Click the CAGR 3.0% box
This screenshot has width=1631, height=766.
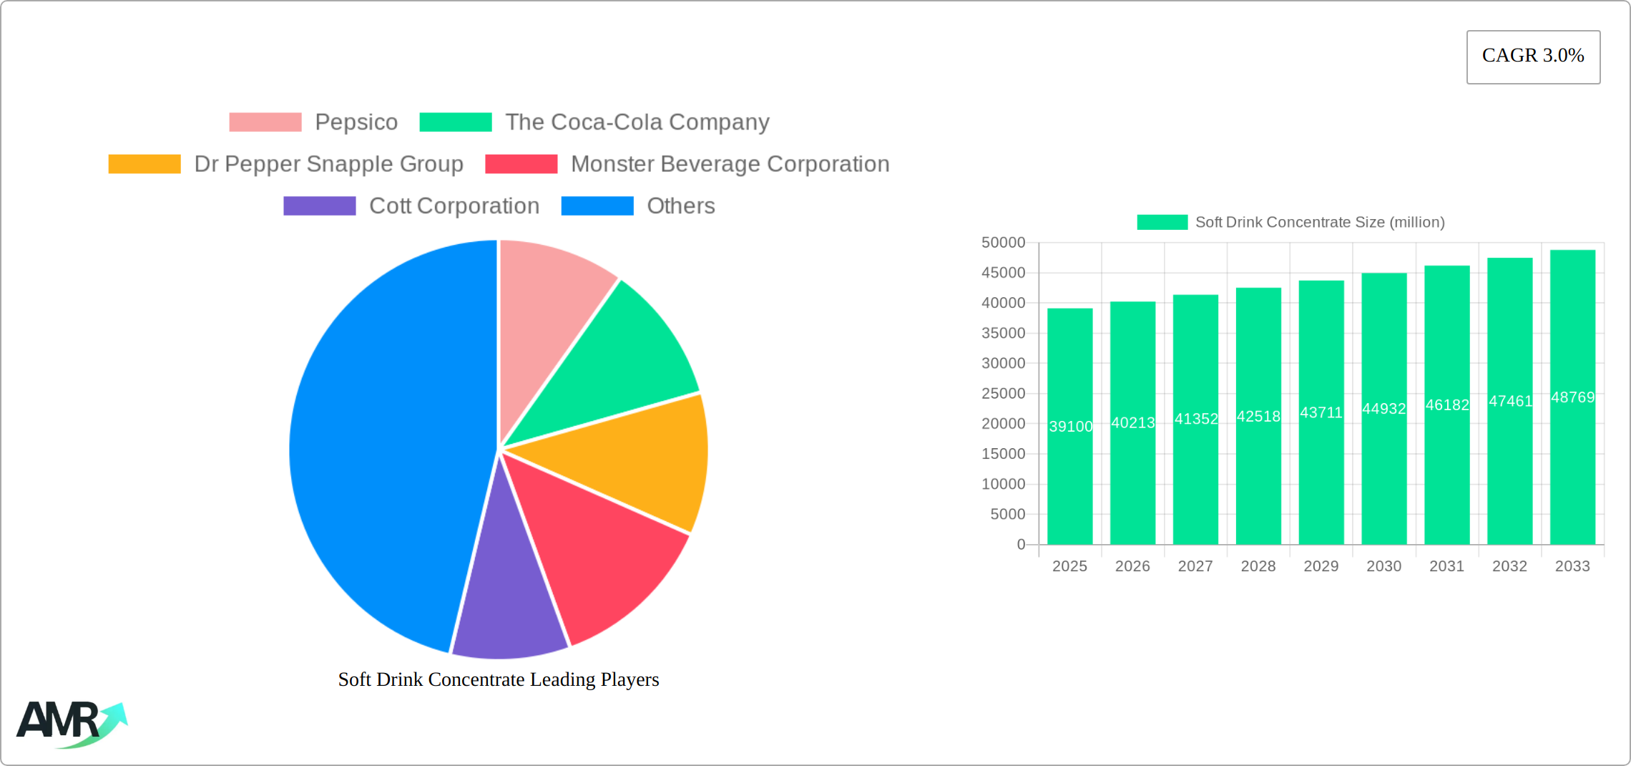click(1533, 57)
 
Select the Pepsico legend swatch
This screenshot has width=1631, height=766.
click(265, 122)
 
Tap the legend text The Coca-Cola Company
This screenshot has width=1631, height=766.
click(637, 122)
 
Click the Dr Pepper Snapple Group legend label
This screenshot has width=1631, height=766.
click(328, 164)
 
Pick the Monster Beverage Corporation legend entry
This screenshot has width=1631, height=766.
click(730, 164)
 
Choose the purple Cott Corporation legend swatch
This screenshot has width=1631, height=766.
click(319, 206)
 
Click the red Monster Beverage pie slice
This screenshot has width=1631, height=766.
click(601, 551)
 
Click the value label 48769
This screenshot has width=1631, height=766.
click(1572, 397)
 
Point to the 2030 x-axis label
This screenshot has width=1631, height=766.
click(1383, 566)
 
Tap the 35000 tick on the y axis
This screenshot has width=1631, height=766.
click(1003, 333)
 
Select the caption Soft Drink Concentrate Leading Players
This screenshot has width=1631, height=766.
click(499, 679)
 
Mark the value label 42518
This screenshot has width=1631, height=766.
click(1258, 416)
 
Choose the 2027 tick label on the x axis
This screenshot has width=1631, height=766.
click(1195, 566)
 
